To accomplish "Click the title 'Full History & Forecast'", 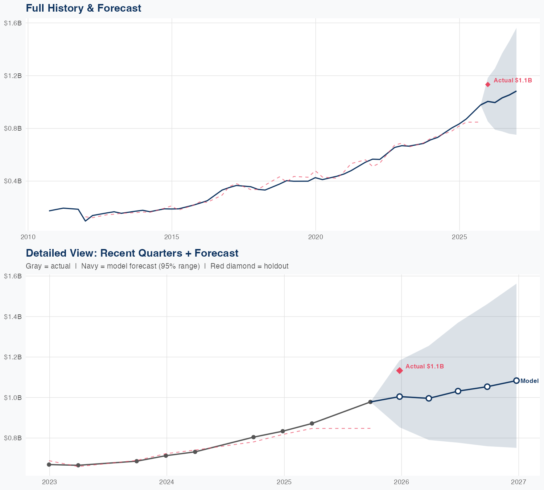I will (83, 8).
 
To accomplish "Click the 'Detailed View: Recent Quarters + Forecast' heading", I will (132, 253).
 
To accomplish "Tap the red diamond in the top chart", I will (488, 85).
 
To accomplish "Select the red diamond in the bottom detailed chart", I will (400, 371).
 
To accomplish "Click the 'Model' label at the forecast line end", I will (529, 381).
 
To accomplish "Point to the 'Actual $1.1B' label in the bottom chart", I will (424, 367).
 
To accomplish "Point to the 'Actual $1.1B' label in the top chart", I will (512, 81).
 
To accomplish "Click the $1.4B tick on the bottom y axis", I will (13, 317).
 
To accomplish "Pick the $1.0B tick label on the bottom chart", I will (13, 397).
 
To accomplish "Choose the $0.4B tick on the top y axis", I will (13, 181).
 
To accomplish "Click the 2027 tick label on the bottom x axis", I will (518, 482).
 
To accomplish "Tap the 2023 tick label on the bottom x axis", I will (49, 482).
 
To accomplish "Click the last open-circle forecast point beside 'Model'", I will (516, 380).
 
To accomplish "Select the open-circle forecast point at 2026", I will (400, 396).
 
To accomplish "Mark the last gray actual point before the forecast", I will (370, 402).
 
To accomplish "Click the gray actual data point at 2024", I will (166, 456).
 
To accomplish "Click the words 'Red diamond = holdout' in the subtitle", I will (249, 266).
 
